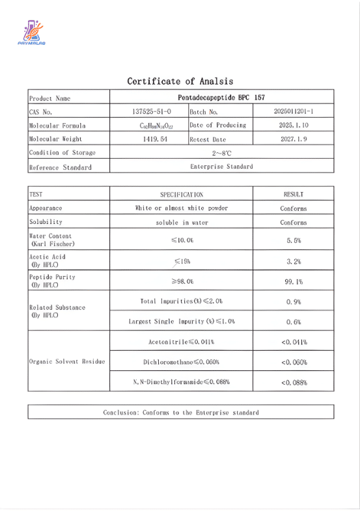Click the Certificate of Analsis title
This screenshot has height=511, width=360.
pyautogui.click(x=180, y=81)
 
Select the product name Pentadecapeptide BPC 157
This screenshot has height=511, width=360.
pyautogui.click(x=221, y=98)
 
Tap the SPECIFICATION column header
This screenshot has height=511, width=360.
pyautogui.click(x=182, y=194)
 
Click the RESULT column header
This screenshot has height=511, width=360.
pyautogui.click(x=294, y=194)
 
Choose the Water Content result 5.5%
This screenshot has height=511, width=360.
pyautogui.click(x=294, y=240)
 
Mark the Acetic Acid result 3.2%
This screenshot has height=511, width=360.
pyautogui.click(x=294, y=261)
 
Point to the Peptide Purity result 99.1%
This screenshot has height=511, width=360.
pyautogui.click(x=294, y=282)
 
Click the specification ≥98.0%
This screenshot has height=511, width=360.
pyautogui.click(x=182, y=281)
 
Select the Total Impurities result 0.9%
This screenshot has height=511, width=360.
pyautogui.click(x=294, y=302)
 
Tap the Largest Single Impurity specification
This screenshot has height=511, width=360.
pyautogui.click(x=182, y=322)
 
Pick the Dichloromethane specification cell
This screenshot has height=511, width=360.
pyautogui.click(x=182, y=361)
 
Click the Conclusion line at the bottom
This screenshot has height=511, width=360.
pyautogui.click(x=180, y=412)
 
